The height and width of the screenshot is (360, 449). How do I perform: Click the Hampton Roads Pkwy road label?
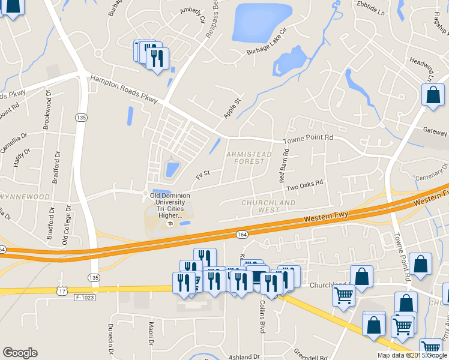click(123, 89)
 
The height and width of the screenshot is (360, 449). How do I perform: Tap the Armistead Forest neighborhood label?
click(249, 158)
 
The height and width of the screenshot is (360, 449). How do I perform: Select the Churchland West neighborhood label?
click(268, 206)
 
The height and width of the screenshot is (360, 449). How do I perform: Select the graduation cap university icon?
click(170, 224)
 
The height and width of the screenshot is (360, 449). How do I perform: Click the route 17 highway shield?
click(62, 290)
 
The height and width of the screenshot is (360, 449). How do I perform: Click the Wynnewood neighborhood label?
click(24, 197)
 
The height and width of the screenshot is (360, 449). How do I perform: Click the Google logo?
click(20, 353)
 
